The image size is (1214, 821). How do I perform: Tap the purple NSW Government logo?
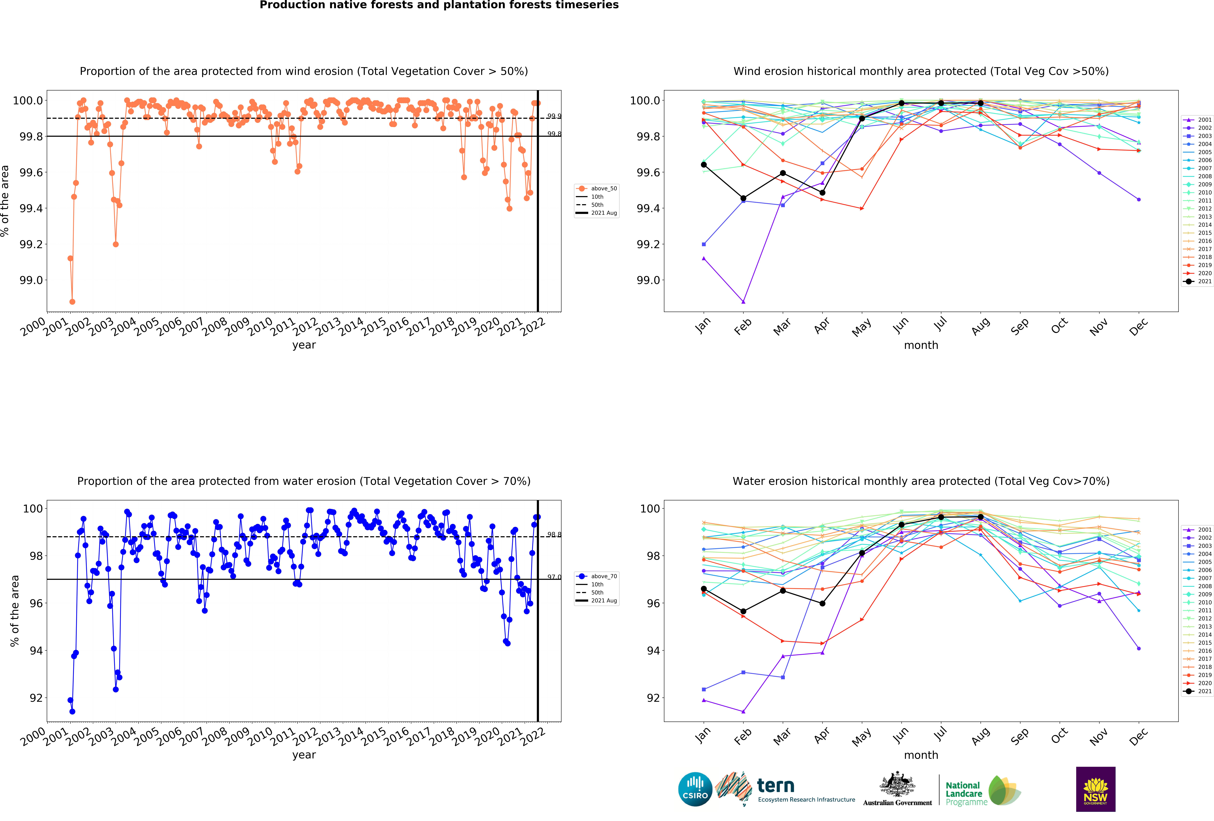1095,789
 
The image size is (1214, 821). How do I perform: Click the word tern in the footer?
776,785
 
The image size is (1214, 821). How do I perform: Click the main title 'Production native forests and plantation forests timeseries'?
439,5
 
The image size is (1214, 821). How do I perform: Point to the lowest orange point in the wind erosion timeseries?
72,302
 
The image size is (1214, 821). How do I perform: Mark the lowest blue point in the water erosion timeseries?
72,711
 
